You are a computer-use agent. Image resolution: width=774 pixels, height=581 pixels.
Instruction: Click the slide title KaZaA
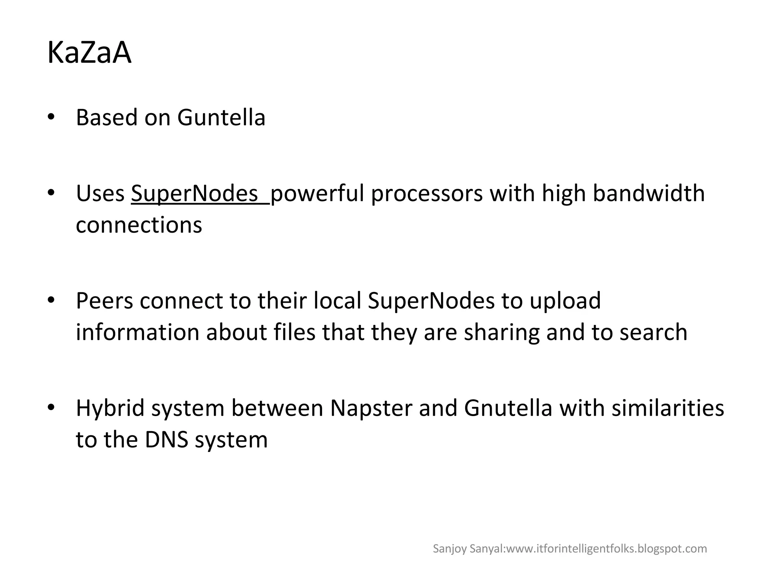click(89, 53)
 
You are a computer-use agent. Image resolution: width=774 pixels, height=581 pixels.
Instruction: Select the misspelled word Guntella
click(221, 118)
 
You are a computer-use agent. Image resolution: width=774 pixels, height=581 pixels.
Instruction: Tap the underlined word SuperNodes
click(194, 194)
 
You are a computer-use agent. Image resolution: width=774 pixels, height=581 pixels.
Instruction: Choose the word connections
click(139, 225)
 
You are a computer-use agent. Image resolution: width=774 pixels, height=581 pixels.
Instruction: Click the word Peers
click(104, 301)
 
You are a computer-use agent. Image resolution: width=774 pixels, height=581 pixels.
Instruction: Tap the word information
click(138, 332)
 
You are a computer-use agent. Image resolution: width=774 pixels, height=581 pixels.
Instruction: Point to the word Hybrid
click(110, 408)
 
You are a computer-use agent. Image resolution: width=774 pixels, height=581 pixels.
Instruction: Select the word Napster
click(371, 408)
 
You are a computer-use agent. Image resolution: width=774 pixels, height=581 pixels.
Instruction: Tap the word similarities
click(668, 408)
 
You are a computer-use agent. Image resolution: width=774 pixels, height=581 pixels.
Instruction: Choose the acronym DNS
click(166, 440)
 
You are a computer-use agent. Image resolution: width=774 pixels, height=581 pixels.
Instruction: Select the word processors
click(427, 194)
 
